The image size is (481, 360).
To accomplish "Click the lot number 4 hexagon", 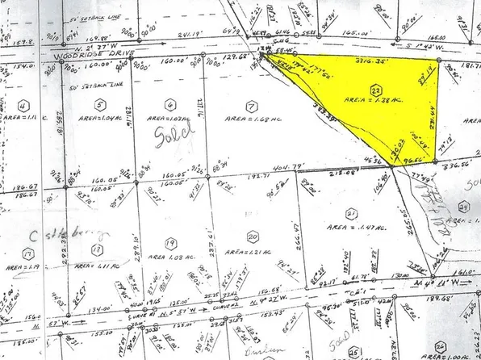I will (x=24, y=105).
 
